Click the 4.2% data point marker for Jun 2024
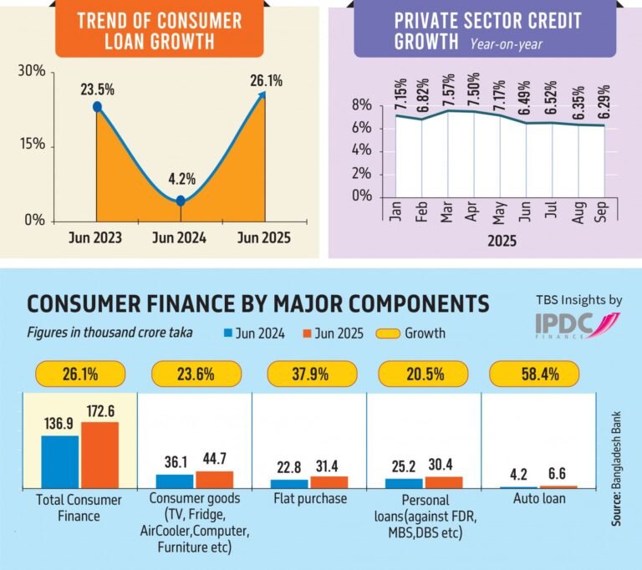click(181, 201)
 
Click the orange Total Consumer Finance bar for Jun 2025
click(99, 455)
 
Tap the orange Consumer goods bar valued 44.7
click(214, 480)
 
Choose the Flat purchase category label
click(308, 500)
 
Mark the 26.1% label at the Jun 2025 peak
click(265, 81)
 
